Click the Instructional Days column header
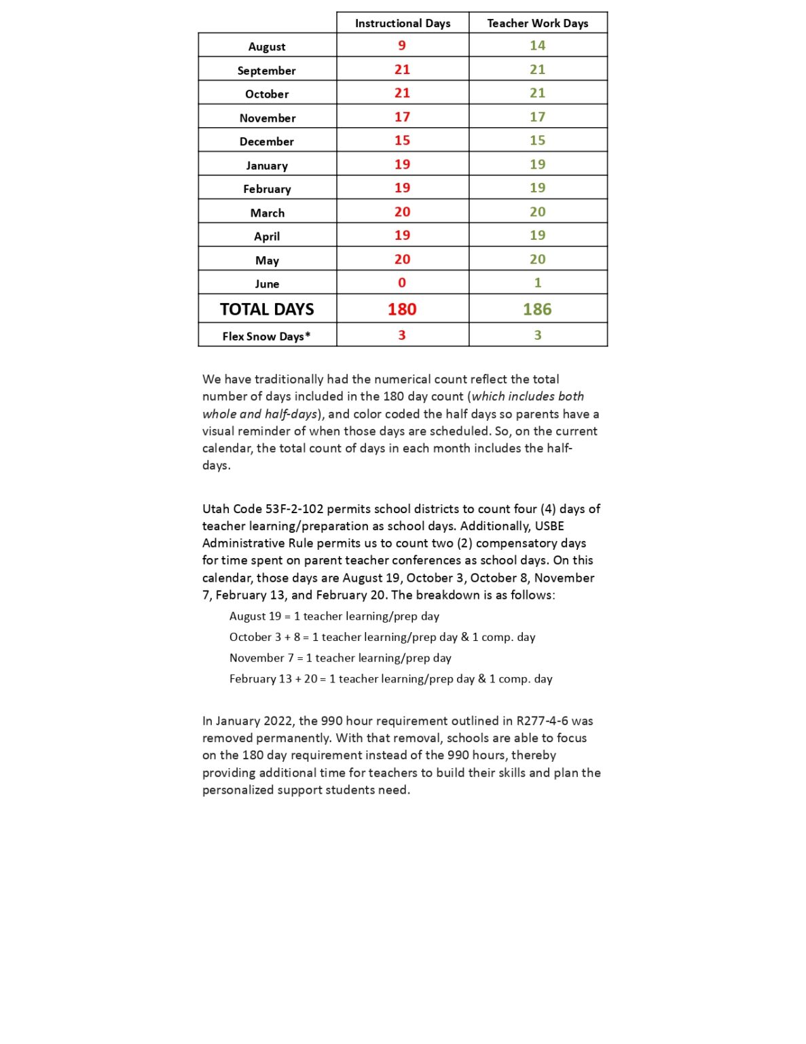(402, 23)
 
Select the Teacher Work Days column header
(537, 23)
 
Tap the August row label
(267, 47)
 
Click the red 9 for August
(402, 46)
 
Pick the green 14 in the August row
(537, 46)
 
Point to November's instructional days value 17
(402, 117)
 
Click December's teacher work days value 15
(537, 141)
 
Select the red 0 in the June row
(402, 283)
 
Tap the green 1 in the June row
(537, 283)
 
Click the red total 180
(402, 309)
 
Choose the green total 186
(537, 309)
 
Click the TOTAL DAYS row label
(267, 309)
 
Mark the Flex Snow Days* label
(266, 336)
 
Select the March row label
(267, 213)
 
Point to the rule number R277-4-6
(542, 721)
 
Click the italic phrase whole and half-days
(259, 414)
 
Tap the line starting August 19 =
(333, 616)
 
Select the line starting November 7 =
(340, 658)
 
